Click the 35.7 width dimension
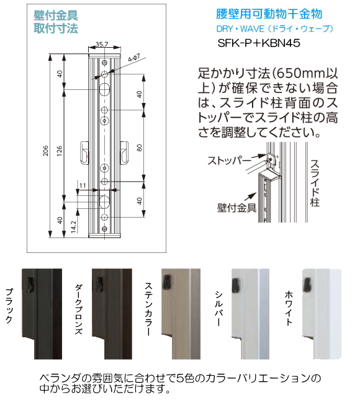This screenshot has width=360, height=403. click(102, 44)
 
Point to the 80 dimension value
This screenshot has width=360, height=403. click(140, 148)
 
